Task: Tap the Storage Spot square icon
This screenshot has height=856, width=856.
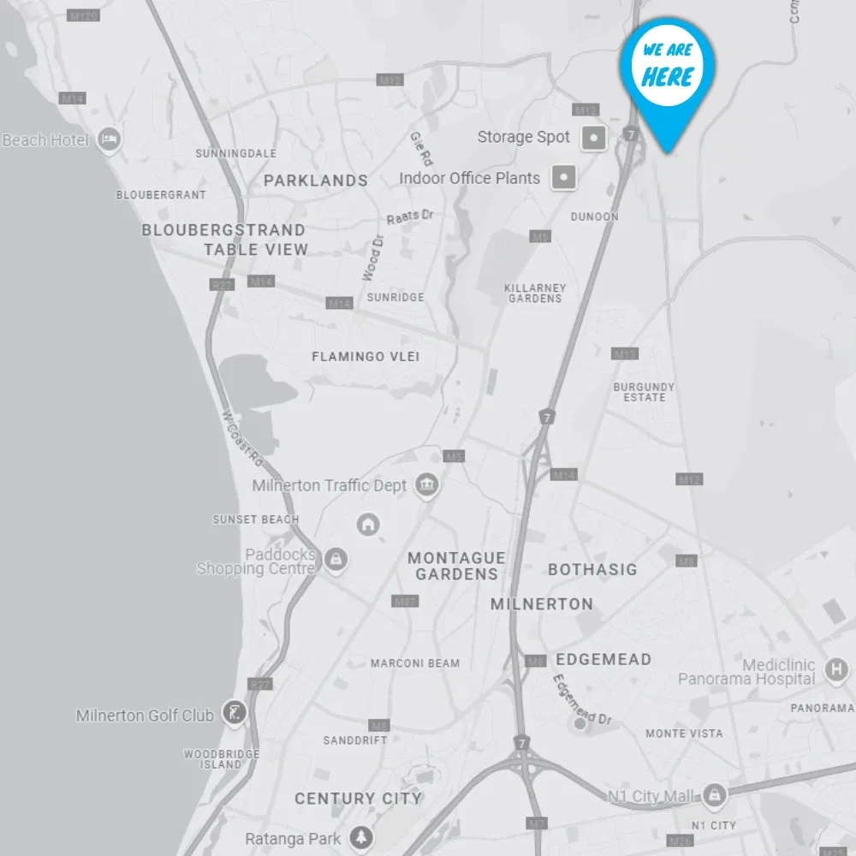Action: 594,137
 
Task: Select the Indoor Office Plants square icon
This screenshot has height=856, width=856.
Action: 563,178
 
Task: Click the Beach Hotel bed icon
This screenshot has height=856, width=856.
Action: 109,140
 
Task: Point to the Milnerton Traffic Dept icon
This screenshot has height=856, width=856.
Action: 426,485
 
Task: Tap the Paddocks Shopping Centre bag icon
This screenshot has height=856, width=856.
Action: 336,560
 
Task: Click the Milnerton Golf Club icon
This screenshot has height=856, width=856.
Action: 234,711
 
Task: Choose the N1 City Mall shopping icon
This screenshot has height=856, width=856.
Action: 714,796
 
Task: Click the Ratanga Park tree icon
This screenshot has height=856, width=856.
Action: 363,837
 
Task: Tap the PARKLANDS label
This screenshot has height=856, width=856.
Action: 315,181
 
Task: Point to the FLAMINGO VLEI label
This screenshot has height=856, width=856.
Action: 366,356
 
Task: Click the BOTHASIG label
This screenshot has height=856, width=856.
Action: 592,569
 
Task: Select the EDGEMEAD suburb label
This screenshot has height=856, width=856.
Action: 603,659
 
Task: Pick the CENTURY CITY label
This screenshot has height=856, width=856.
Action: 358,798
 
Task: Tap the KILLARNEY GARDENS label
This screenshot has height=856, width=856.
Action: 535,294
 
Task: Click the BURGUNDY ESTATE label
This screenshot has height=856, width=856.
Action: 644,392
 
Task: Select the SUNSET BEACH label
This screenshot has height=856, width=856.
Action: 256,519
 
